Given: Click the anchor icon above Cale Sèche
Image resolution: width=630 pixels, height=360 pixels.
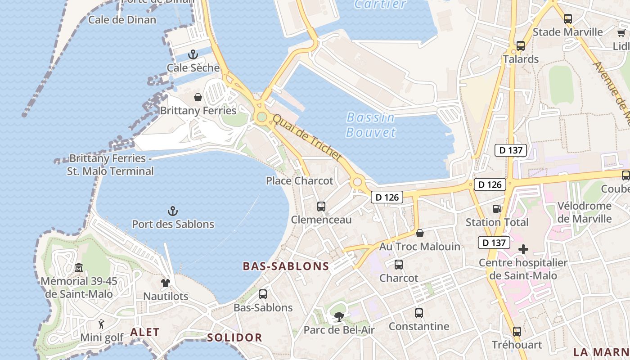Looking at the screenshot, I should click(193, 55).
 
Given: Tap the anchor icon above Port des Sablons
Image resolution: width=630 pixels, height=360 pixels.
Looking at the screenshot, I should click(173, 211).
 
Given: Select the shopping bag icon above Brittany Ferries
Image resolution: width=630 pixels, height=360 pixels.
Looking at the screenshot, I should click(198, 97).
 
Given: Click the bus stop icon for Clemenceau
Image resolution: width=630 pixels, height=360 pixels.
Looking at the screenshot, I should click(321, 207).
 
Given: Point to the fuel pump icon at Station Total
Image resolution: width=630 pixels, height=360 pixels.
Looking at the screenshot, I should click(497, 209).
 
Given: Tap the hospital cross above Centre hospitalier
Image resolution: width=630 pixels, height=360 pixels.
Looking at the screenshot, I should click(523, 249).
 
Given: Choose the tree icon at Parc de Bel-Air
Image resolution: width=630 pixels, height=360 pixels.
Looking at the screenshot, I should click(339, 317).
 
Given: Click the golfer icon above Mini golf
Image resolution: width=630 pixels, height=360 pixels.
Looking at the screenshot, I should click(101, 324).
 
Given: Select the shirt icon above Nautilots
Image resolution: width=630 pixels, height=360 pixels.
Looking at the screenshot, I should click(166, 283).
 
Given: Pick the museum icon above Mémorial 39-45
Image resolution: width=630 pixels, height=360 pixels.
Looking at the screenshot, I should click(79, 268).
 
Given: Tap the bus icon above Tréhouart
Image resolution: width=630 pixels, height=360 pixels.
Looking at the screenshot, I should click(517, 332).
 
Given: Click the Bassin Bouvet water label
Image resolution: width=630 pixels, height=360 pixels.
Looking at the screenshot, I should click(371, 125).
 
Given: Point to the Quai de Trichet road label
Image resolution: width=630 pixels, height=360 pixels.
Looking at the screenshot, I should click(308, 137).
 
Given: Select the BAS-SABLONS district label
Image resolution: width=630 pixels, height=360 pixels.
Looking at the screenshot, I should click(286, 266).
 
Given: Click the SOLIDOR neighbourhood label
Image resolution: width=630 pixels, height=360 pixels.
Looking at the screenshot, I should click(234, 337).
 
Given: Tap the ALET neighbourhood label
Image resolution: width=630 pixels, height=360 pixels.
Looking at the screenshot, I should click(145, 332).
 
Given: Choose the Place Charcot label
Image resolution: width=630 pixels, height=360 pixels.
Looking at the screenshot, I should click(300, 181).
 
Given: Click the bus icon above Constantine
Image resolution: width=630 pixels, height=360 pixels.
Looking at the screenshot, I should click(419, 313).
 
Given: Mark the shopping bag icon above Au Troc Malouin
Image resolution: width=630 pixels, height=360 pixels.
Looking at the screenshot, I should click(420, 233).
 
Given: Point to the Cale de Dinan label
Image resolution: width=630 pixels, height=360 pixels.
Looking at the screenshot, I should click(122, 20).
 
